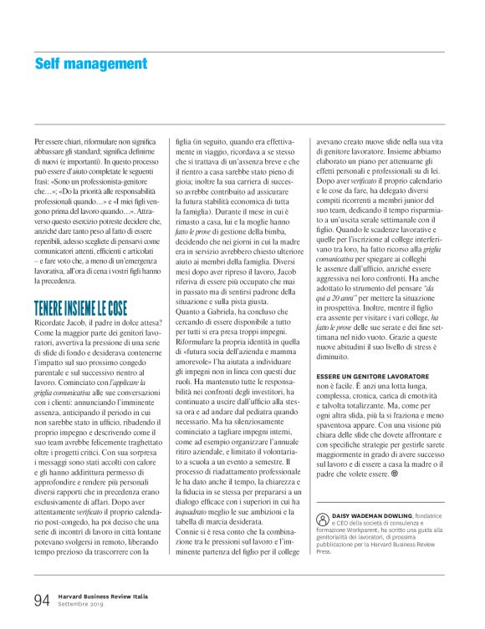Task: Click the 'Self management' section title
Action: pyautogui.click(x=91, y=63)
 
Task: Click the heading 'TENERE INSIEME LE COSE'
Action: pyautogui.click(x=82, y=284)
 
